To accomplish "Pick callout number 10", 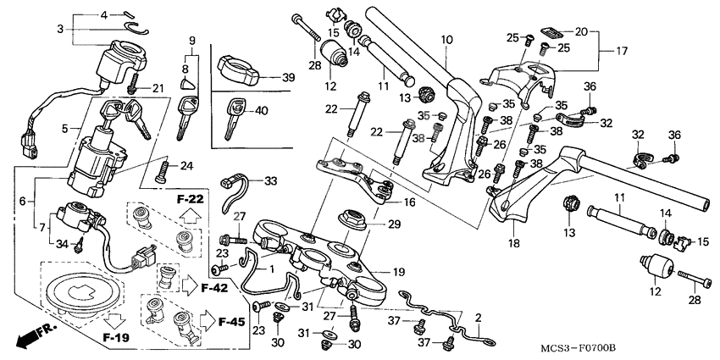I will [x=446, y=40].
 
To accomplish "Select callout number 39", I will [x=288, y=77].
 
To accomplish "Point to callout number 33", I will [x=270, y=180].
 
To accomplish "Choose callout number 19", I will [x=400, y=272].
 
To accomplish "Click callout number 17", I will [x=622, y=50].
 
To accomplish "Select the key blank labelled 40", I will [x=234, y=117].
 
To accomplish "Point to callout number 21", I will [x=158, y=89].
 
